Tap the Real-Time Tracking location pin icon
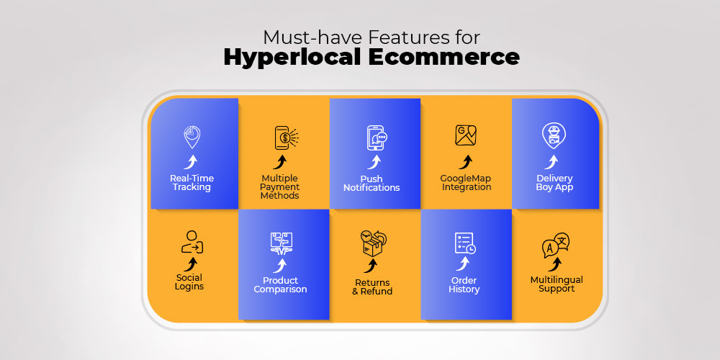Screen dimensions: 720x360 tap(192, 137)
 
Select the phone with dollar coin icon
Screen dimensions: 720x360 tap(286, 138)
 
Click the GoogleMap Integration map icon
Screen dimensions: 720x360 tap(466, 135)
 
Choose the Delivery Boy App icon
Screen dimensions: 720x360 tap(554, 136)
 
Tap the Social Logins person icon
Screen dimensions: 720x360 tap(192, 242)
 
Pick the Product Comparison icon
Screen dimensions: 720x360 tap(282, 244)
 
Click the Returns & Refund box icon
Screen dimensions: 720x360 tap(373, 243)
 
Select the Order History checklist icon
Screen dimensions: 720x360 tap(465, 243)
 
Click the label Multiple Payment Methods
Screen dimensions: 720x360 tap(279, 187)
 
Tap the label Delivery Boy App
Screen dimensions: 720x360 tap(554, 183)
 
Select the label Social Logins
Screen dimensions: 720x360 tap(189, 282)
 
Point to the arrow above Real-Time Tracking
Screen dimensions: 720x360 tap(191, 161)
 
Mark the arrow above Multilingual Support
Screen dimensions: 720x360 tap(555, 264)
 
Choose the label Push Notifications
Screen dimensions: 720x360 tap(372, 183)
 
